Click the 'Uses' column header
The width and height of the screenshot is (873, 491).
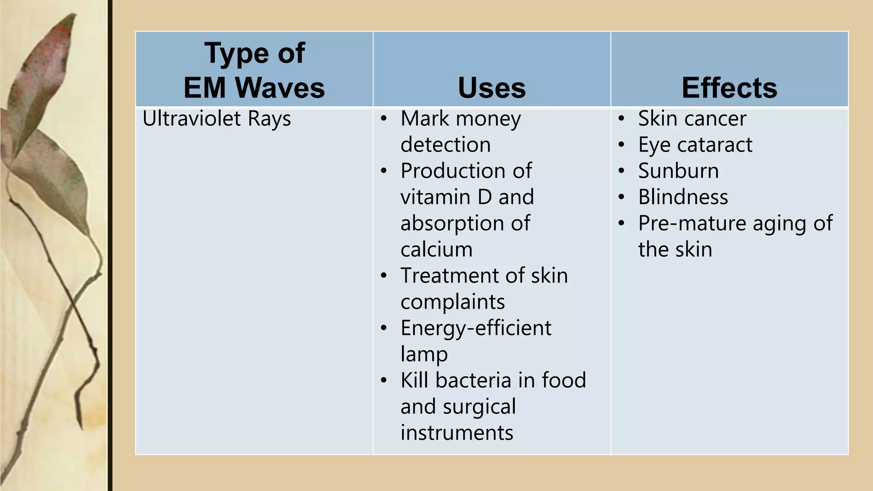tap(491, 88)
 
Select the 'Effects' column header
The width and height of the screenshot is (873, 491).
tap(729, 88)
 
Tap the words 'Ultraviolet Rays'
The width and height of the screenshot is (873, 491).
tap(217, 118)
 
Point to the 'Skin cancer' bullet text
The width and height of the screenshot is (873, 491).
tap(692, 118)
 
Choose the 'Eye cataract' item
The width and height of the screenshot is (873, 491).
tap(695, 145)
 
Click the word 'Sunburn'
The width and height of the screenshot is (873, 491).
tap(678, 171)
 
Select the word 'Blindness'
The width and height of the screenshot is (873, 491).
tap(683, 197)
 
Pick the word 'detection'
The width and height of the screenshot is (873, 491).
tap(445, 145)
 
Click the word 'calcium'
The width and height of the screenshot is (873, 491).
tap(436, 250)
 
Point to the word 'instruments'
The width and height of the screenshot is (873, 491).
tap(457, 433)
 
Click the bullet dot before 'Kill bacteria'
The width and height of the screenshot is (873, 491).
tap(384, 380)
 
